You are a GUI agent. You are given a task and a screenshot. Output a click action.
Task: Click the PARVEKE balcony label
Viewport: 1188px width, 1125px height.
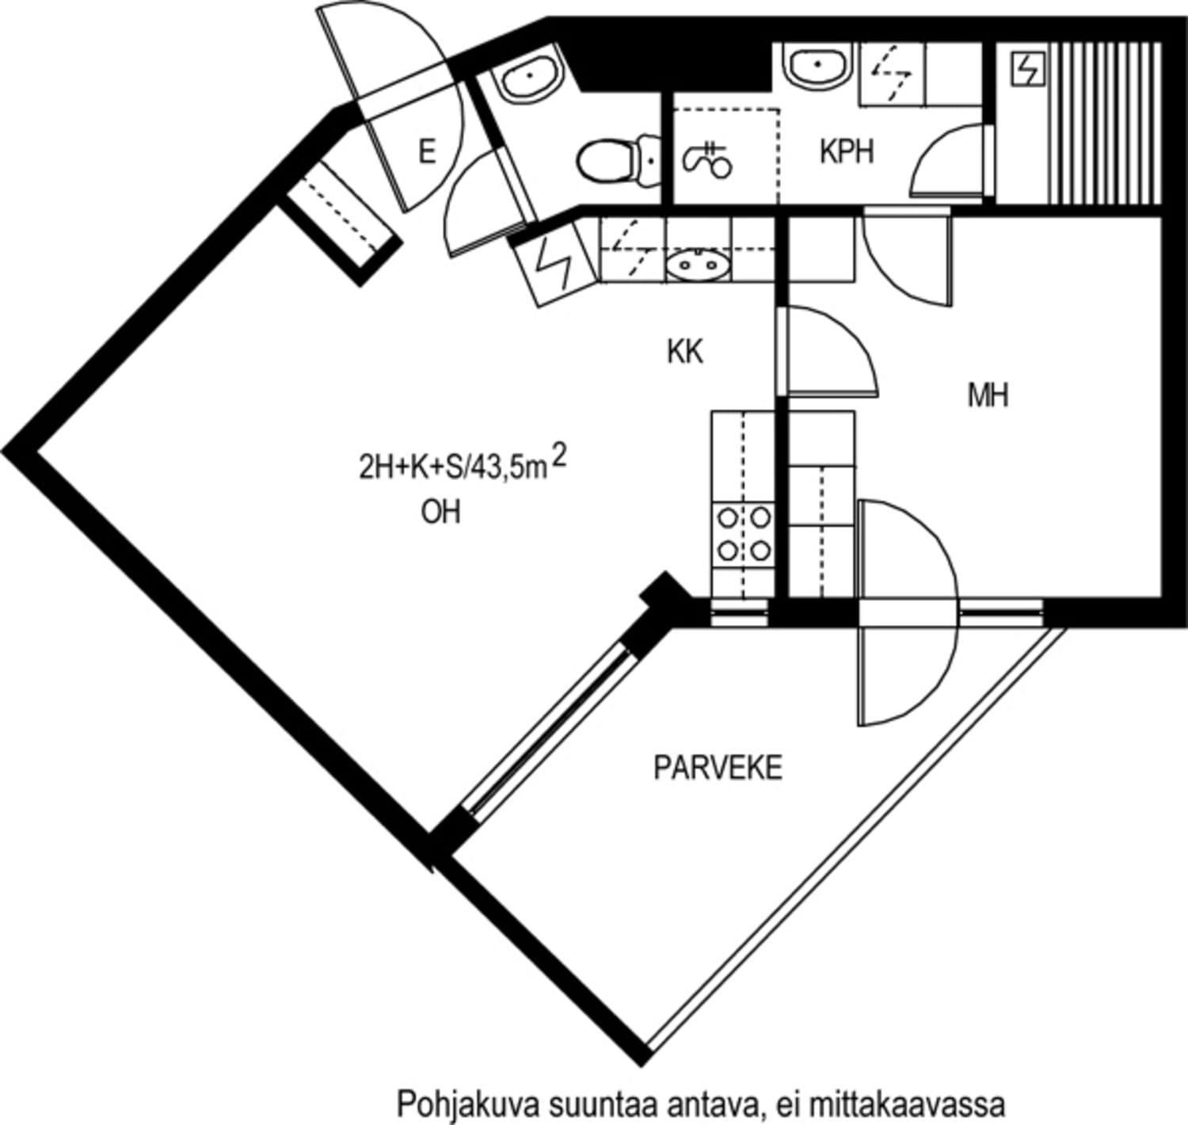[x=718, y=768]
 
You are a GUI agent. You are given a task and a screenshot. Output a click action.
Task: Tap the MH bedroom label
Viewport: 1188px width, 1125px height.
[x=988, y=395]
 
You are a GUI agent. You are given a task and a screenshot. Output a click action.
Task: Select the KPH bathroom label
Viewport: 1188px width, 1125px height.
[x=847, y=151]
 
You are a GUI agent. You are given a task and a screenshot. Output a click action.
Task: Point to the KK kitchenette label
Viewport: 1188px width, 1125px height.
[x=685, y=352]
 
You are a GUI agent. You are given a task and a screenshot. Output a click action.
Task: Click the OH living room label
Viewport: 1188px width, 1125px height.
[x=440, y=513]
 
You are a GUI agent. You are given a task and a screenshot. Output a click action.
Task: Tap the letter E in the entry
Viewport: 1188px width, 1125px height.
[x=427, y=151]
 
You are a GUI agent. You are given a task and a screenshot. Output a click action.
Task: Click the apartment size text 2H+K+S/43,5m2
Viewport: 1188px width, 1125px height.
[x=463, y=465]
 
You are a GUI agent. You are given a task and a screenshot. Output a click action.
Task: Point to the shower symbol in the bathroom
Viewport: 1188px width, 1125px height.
[x=708, y=160]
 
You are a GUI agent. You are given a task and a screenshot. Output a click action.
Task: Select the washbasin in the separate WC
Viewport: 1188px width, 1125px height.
[x=529, y=75]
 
